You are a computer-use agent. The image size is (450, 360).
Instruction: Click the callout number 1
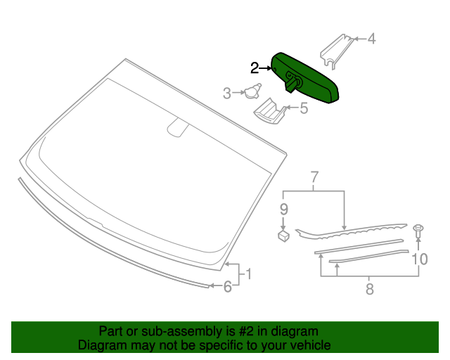[247, 274]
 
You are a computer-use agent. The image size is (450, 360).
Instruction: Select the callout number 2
[255, 68]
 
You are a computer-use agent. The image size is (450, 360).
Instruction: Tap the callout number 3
[227, 93]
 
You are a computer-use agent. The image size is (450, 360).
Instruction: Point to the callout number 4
[372, 39]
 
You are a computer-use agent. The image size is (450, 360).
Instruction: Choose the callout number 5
[304, 108]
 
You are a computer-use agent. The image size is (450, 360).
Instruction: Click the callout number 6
[227, 286]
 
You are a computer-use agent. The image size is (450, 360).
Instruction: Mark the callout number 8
[368, 288]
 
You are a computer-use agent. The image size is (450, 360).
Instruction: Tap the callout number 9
[284, 209]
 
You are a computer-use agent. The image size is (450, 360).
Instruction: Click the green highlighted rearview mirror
[309, 77]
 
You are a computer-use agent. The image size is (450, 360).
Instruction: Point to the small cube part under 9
[284, 236]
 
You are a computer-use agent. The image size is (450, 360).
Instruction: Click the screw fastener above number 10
[418, 229]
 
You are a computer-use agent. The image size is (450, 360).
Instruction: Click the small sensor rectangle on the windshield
[178, 129]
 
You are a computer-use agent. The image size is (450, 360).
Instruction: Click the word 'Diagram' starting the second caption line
[101, 345]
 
